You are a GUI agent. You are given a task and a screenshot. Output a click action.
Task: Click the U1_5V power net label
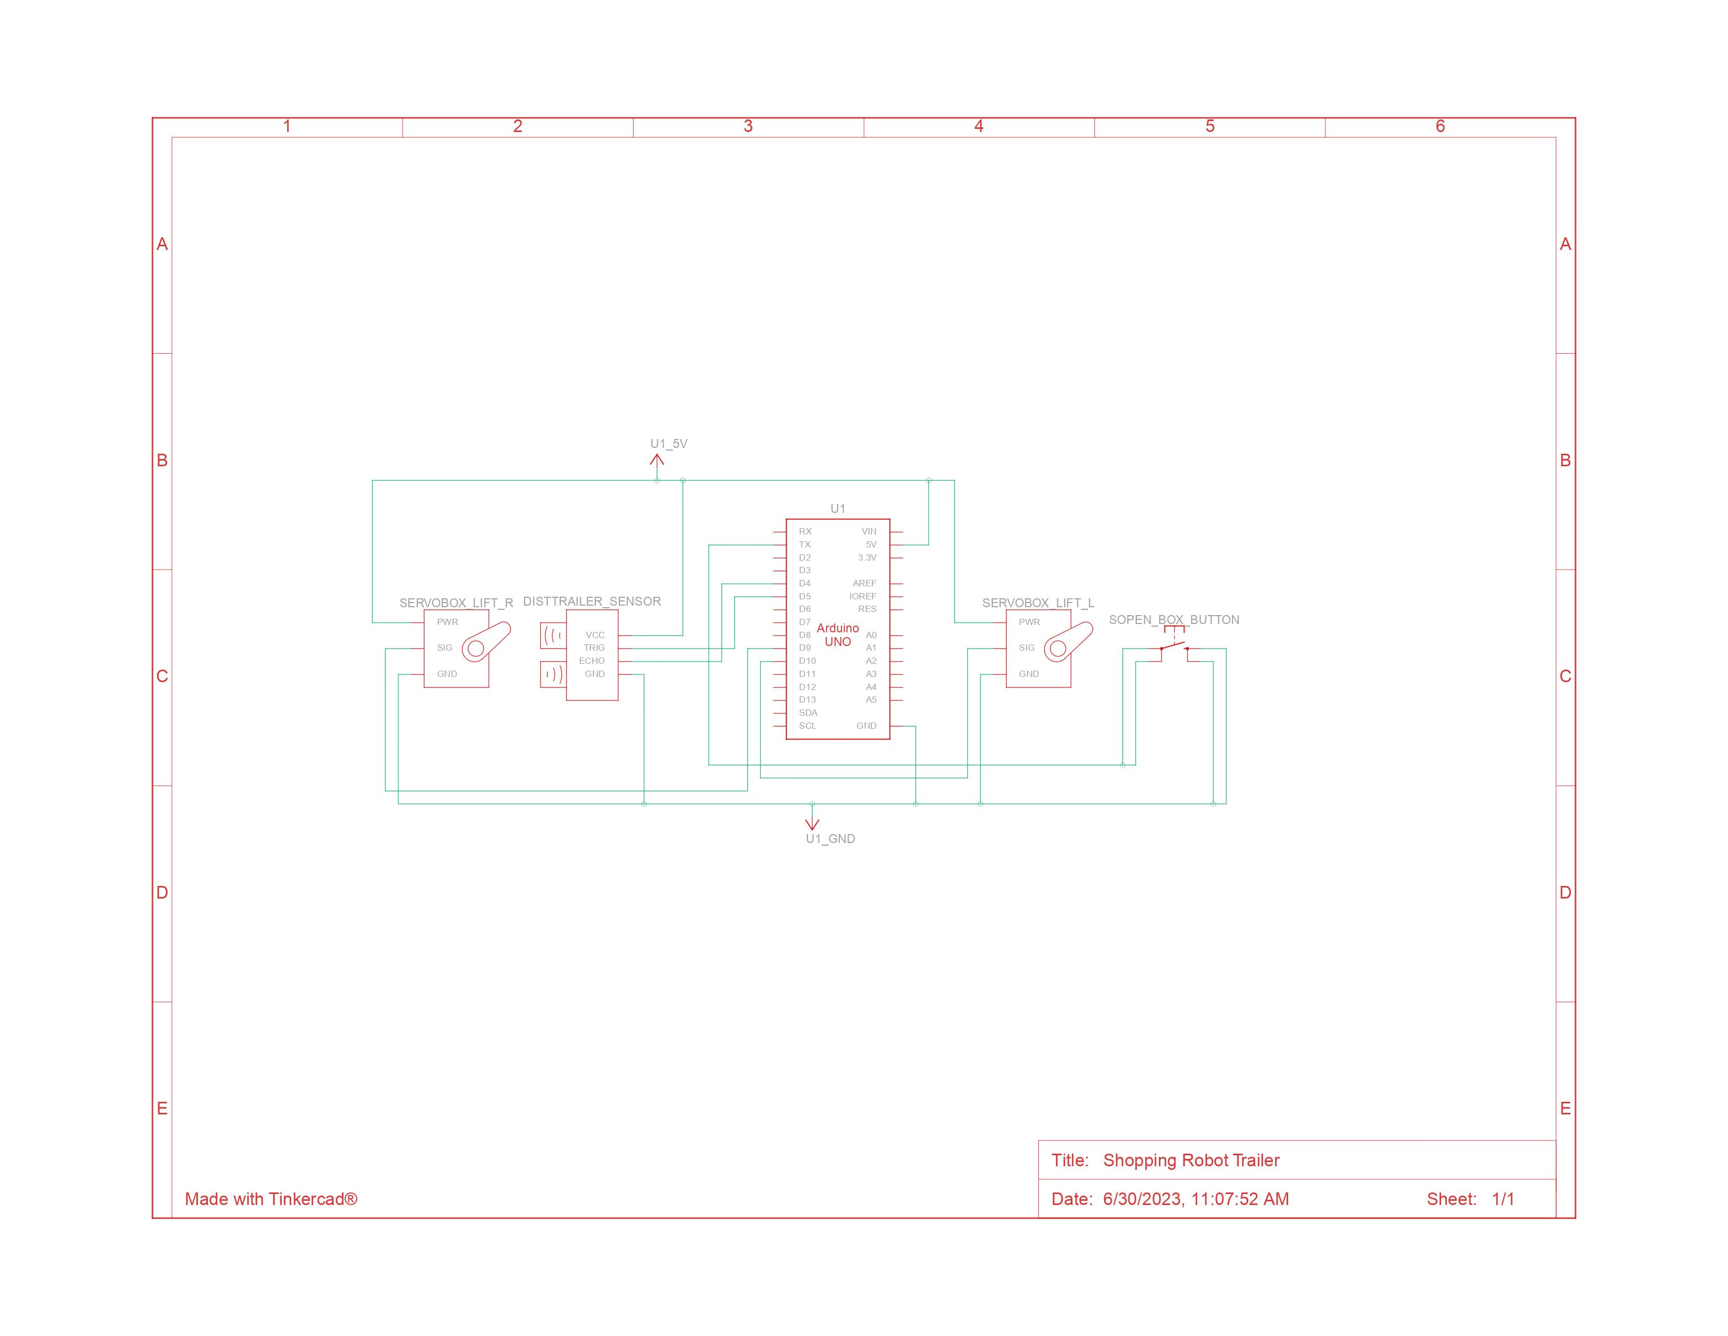(x=669, y=444)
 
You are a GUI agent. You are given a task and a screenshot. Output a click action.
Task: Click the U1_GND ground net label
(x=830, y=839)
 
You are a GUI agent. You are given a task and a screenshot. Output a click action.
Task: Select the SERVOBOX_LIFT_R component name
(x=456, y=603)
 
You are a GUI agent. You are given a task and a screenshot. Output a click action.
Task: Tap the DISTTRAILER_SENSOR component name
(x=592, y=601)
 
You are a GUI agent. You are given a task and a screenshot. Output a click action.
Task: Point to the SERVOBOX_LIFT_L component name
(x=1038, y=603)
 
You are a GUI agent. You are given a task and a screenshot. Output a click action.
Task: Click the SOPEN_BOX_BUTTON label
(x=1174, y=620)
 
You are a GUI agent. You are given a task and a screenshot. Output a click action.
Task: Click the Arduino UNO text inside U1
(x=838, y=635)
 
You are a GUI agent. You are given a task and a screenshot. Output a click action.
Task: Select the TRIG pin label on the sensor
(x=594, y=648)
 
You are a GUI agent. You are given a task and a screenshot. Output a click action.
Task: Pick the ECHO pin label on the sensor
(x=592, y=661)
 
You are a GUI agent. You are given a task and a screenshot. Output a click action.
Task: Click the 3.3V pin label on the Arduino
(x=867, y=558)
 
